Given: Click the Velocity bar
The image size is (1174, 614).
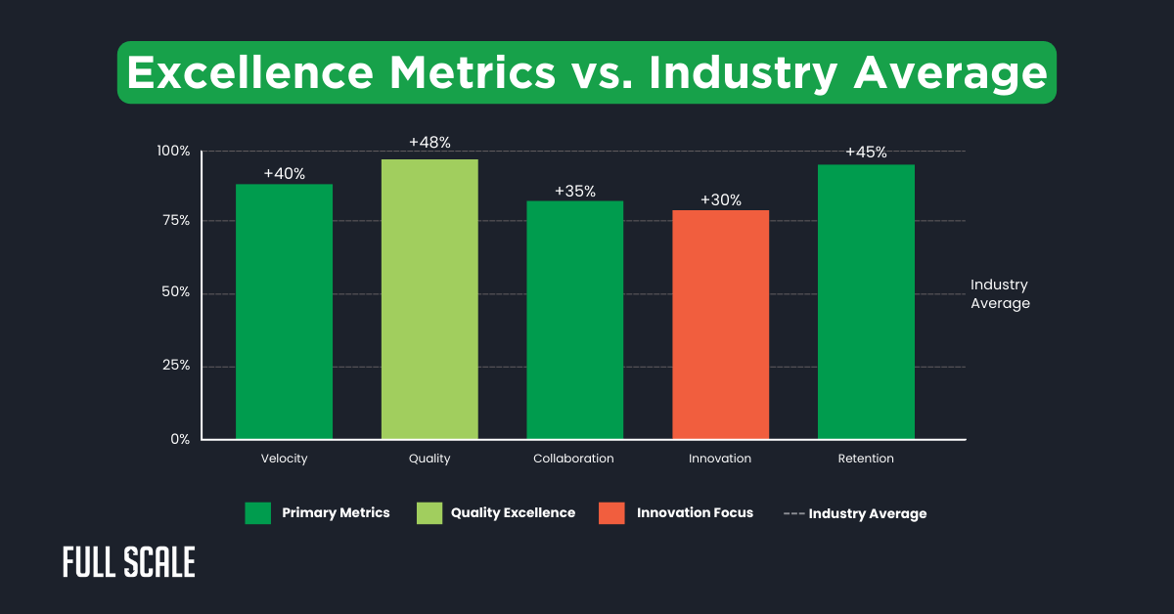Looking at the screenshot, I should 284,311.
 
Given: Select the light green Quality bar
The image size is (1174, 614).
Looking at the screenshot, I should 429,298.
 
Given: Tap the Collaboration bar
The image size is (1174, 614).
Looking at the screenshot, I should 574,320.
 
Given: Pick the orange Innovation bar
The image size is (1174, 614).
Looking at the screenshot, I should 720,324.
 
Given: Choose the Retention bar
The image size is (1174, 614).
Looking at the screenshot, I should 866,301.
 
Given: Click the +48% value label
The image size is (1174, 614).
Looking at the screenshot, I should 429,143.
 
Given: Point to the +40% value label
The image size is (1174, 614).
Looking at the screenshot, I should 284,174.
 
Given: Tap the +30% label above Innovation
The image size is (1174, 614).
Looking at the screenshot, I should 720,200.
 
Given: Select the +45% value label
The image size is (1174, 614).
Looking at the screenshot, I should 866,153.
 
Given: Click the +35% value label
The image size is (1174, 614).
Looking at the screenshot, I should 574,191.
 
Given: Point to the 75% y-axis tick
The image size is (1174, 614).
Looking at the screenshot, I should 175,221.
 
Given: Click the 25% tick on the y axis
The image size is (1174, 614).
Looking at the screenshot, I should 175,366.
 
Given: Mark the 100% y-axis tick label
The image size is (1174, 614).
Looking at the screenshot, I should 173,152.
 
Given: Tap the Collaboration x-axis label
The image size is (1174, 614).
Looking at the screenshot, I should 573,459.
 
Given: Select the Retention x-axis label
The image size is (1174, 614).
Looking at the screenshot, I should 866,459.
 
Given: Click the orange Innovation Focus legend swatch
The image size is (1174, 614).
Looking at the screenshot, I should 611,513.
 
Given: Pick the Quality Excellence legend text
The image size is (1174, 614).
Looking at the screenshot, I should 513,512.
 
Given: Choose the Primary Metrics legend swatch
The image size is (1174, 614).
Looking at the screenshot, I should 257,513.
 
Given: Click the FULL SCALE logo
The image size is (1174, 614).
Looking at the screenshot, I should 129,562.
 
